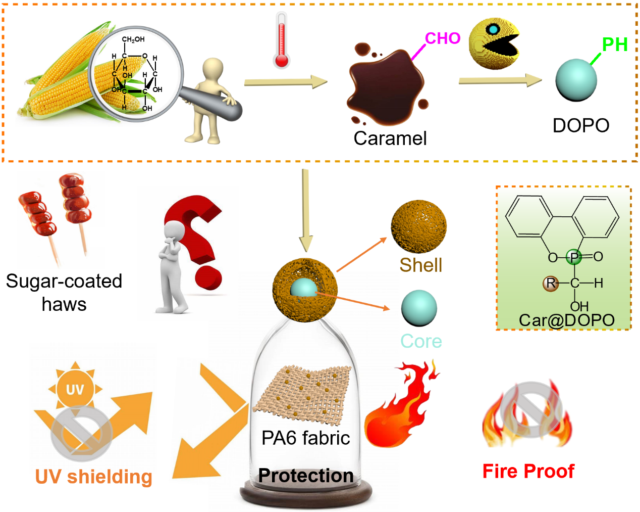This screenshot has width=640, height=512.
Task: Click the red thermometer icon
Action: (x=282, y=40)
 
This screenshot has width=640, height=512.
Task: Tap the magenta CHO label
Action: (x=443, y=38)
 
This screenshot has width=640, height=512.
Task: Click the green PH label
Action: (x=614, y=44)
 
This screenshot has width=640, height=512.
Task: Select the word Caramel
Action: (x=390, y=138)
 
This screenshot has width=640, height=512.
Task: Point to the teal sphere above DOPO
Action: (x=576, y=80)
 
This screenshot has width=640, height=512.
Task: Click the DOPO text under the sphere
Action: (x=581, y=125)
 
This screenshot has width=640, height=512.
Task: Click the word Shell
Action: (x=420, y=265)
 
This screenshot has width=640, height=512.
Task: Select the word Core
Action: (x=421, y=341)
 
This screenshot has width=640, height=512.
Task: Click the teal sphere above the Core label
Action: (x=419, y=308)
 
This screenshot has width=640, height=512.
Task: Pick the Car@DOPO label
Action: (x=566, y=320)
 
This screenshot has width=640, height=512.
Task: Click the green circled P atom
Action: (x=574, y=257)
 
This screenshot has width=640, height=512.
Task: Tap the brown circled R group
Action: (x=550, y=283)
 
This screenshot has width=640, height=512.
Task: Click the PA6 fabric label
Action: (x=305, y=438)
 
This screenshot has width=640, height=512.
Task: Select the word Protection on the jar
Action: (x=305, y=476)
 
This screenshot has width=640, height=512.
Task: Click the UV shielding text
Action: (x=93, y=477)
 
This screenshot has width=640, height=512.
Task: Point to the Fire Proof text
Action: (x=528, y=471)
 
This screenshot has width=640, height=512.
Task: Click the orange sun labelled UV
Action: (x=75, y=389)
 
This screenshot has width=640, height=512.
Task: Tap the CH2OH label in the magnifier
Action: (x=133, y=39)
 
